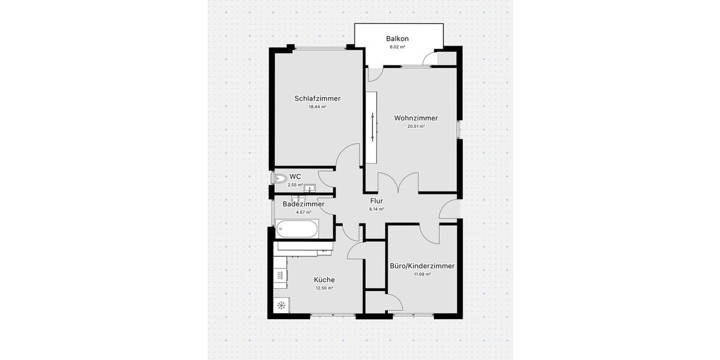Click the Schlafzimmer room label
(x=317, y=98)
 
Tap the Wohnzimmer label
(x=416, y=118)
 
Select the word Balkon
(x=397, y=38)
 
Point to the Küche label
(x=324, y=280)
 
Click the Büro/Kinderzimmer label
(x=422, y=266)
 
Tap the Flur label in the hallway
(x=377, y=201)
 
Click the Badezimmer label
(x=304, y=204)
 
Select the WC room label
(x=295, y=176)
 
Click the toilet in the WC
(x=280, y=178)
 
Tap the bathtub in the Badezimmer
(x=297, y=229)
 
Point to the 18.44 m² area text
(x=317, y=107)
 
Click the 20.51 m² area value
(x=416, y=127)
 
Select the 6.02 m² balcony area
(x=397, y=47)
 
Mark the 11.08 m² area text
(x=422, y=274)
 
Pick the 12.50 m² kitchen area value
(x=324, y=288)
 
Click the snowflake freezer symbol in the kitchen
(x=280, y=305)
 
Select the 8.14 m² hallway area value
(x=377, y=209)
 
